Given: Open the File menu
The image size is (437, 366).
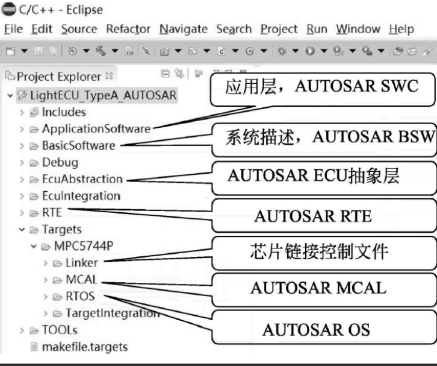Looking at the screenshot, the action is click(x=13, y=29).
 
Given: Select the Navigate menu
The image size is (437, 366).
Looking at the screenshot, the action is click(x=183, y=29).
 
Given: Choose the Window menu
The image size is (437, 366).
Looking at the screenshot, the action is click(x=358, y=29).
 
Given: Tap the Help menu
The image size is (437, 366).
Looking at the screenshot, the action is click(x=401, y=29).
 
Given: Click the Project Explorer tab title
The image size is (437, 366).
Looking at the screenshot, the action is click(x=58, y=77).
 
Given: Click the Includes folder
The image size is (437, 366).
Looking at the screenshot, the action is click(x=63, y=112).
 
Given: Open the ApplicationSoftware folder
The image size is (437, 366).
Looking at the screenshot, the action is click(x=96, y=128).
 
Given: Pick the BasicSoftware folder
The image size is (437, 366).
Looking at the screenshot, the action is click(x=78, y=145).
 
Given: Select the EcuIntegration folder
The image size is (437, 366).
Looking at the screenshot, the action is click(x=81, y=196).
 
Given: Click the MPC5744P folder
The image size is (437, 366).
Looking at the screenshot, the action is click(x=84, y=247).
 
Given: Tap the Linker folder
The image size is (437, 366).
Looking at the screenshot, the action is click(x=81, y=263).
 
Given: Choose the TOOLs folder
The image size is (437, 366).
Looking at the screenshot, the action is click(x=60, y=330).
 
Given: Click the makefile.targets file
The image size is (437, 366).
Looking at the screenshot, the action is click(x=84, y=347).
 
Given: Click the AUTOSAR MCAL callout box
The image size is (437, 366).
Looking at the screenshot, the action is click(x=318, y=288).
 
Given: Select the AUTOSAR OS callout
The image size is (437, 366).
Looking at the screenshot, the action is click(x=315, y=329).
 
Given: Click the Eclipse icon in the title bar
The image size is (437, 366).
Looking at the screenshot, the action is click(x=8, y=10).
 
